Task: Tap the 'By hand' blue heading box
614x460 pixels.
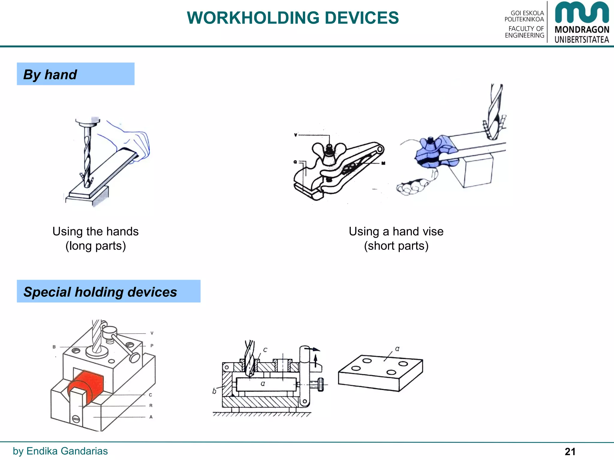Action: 76,74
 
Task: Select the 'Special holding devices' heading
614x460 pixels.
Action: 109,291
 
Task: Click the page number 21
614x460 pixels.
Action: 570,452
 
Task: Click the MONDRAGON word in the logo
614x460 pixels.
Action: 582,30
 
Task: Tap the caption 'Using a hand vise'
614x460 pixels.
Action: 396,231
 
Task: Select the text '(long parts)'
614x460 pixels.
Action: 95,246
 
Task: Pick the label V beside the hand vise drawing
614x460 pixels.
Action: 296,135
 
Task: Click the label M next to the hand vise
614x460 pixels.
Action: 383,163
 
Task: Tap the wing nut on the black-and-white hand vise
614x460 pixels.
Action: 329,150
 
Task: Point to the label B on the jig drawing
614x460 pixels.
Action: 54,347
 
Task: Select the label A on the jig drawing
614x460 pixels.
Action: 151,417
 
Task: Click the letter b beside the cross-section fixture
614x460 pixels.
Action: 214,391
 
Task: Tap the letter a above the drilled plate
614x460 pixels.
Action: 397,349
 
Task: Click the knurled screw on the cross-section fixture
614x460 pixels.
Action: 320,385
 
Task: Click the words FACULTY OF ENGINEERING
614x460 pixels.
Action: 525,32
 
